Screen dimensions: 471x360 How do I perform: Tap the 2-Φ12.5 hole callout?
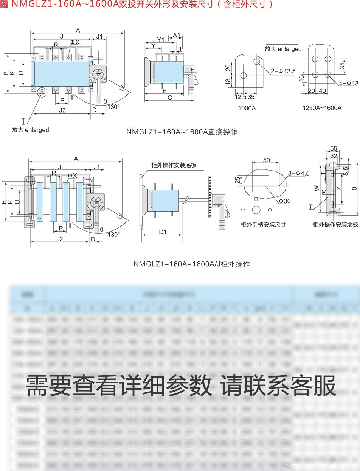(283, 71)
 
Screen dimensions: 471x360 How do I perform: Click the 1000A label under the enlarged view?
(247, 108)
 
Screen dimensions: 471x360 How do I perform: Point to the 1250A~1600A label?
(322, 108)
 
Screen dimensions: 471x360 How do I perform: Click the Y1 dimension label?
(160, 39)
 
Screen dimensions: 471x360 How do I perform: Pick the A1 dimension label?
(177, 35)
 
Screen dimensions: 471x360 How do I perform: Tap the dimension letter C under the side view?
(170, 98)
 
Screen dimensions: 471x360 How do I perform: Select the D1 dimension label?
(163, 232)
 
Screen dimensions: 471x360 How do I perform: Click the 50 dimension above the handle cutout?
(267, 160)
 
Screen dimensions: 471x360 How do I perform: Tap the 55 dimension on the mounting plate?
(334, 148)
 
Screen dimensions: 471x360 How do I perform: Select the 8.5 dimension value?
(346, 171)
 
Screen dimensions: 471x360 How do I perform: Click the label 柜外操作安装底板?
(174, 165)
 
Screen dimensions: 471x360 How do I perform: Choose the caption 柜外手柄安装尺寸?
(263, 224)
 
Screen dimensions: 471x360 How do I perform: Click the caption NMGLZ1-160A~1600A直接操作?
(182, 132)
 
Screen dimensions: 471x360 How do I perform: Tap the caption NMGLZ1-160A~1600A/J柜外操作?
(192, 264)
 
